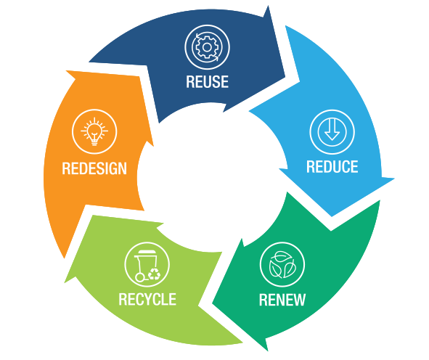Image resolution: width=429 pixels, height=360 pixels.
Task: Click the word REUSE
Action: point(207,81)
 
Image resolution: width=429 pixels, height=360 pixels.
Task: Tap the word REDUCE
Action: point(332,167)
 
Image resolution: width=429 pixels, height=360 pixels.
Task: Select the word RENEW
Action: point(282,300)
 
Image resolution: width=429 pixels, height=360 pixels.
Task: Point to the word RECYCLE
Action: point(147,299)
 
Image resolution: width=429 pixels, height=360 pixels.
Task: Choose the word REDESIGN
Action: point(94,168)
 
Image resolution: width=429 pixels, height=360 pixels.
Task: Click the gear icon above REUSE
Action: point(207,47)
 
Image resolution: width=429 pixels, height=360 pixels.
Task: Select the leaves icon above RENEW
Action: point(282,265)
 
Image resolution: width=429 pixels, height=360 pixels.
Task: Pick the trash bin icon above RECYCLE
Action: point(147,264)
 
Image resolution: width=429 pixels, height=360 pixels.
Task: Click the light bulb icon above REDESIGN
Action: point(94,131)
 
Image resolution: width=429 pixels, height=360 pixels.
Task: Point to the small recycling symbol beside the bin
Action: point(155,274)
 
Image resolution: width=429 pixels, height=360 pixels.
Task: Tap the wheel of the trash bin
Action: point(139,278)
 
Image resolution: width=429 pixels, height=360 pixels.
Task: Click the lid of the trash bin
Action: point(147,253)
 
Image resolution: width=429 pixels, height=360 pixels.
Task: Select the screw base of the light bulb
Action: point(94,142)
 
